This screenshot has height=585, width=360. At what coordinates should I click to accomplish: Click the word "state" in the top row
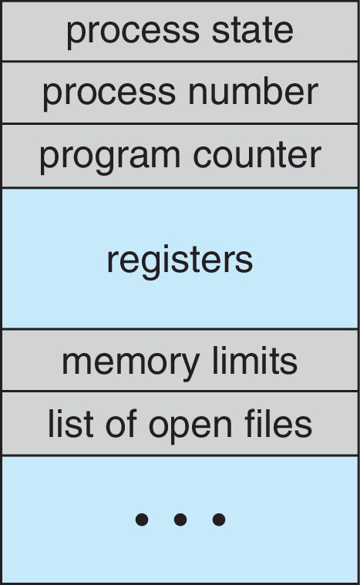249,30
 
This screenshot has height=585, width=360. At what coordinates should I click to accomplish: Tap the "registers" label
180,261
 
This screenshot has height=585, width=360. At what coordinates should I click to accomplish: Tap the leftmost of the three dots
141,520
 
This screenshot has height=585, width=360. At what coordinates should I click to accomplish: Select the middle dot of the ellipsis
180,520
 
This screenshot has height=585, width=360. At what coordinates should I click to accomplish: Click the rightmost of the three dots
219,520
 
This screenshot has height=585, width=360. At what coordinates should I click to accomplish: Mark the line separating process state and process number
180,62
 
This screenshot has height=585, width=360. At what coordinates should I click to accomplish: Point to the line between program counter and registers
180,187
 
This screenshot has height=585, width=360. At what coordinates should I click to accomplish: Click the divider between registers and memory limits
180,329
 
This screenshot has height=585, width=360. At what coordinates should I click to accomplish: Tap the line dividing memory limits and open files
180,392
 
